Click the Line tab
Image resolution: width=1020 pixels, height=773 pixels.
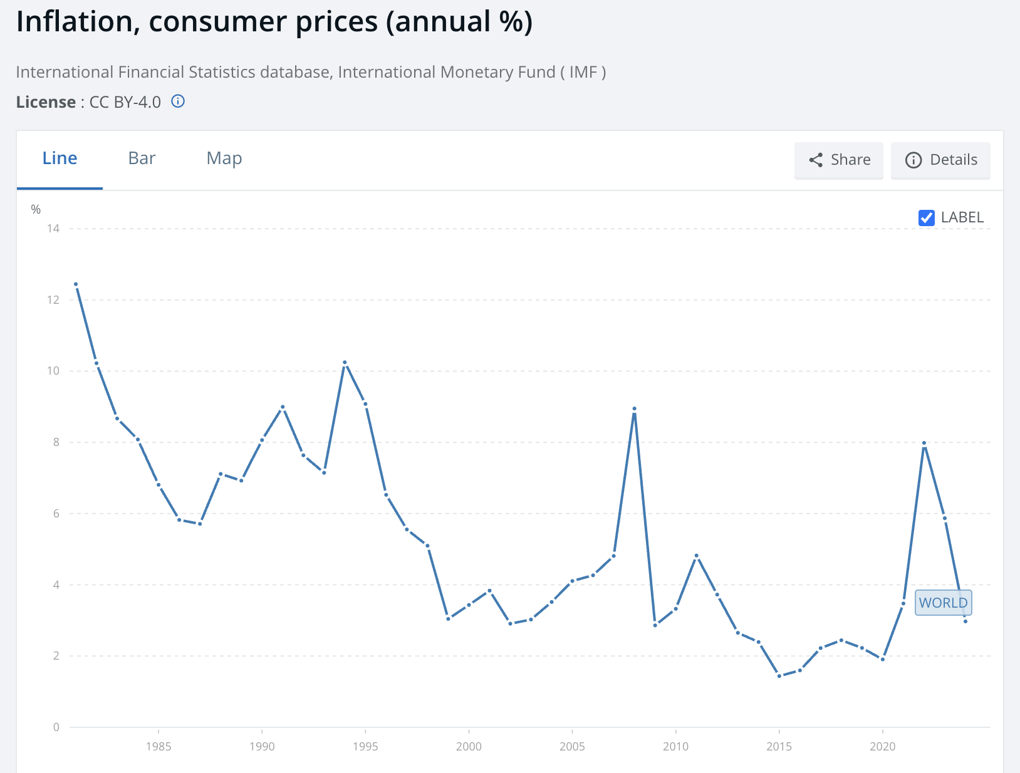(x=60, y=158)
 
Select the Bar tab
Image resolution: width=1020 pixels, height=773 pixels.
(x=142, y=158)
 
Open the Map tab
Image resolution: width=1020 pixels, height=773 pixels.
(x=224, y=158)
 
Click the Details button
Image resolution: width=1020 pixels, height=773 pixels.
(x=940, y=160)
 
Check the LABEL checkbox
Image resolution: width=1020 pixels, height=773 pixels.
(x=926, y=217)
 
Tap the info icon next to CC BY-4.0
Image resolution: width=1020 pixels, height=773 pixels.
(x=178, y=101)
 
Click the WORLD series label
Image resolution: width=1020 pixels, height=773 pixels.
(x=943, y=603)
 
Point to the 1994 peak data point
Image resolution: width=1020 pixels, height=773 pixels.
(x=345, y=363)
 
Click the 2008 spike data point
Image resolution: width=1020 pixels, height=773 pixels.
(x=634, y=408)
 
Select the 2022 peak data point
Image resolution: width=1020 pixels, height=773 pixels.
(x=924, y=444)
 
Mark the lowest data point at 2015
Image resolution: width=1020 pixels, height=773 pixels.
(x=779, y=676)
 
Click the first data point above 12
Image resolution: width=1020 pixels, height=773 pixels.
(x=76, y=284)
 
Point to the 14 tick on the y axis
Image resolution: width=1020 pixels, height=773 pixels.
(x=53, y=229)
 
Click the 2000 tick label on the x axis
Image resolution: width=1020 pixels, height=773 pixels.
(x=469, y=746)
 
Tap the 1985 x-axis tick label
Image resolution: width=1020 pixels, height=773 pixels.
(x=159, y=746)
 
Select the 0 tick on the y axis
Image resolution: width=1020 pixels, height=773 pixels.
(x=56, y=727)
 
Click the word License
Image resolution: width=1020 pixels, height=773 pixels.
(x=46, y=102)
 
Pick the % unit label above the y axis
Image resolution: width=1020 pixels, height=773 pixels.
(x=36, y=209)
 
